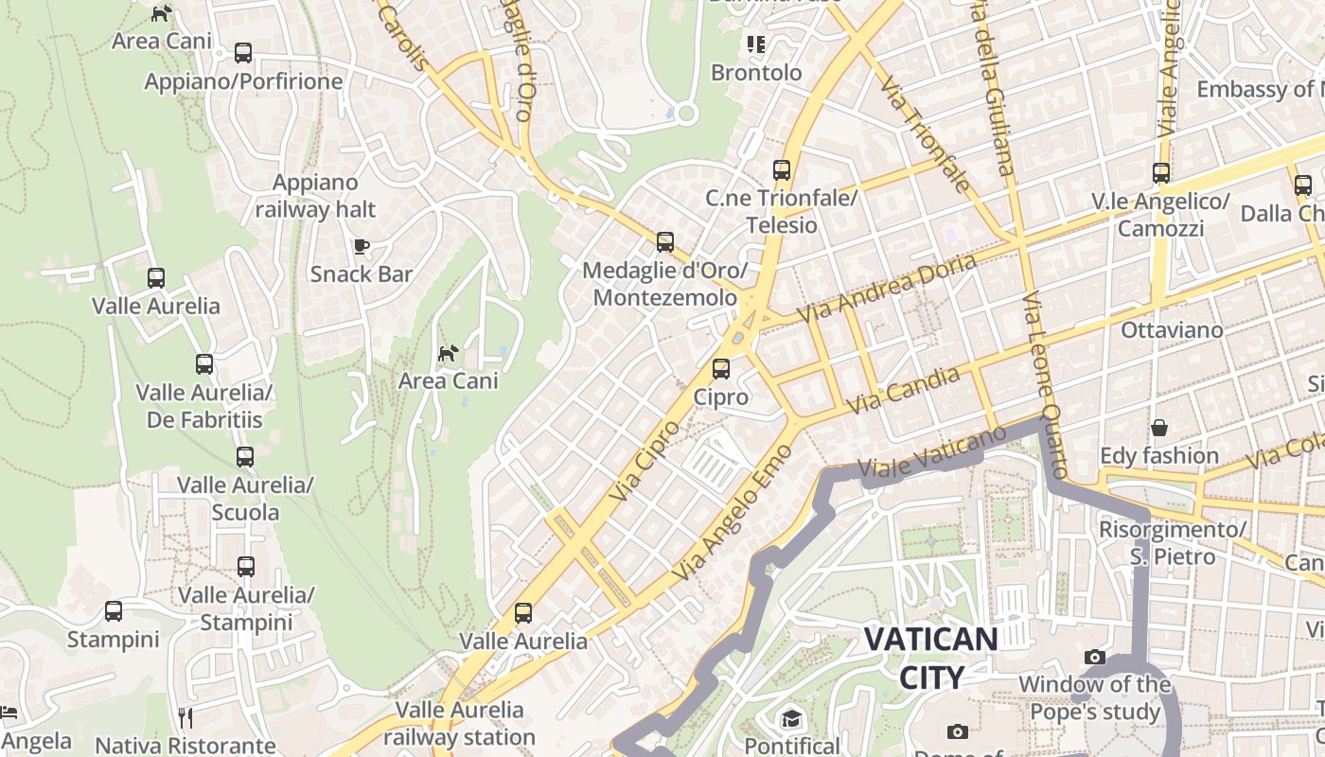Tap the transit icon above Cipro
pos(721,369)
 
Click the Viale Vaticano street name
pos(931,452)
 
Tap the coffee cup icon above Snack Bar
pos(361,247)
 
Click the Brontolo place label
pos(756,73)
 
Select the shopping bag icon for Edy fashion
pos(1158,428)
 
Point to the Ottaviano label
pos(1172,330)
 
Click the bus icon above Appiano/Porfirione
pos(243,53)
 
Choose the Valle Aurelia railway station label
pos(460,723)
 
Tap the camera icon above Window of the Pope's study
pos(1095,657)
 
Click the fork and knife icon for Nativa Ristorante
pos(185,718)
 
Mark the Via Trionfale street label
pos(925,134)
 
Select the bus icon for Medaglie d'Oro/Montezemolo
pos(665,242)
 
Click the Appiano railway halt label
pos(315,196)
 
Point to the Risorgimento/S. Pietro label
pos(1172,542)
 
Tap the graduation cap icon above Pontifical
pos(791,719)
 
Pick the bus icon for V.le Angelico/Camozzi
pos(1161,173)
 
